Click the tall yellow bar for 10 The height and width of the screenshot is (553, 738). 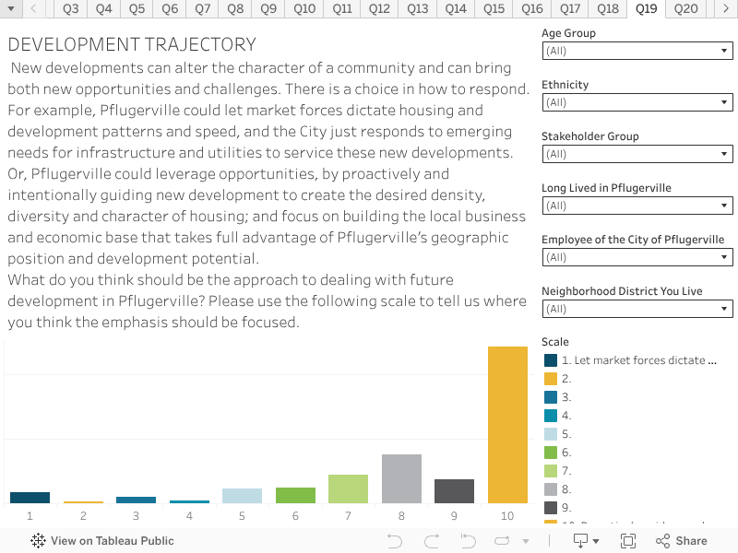click(507, 424)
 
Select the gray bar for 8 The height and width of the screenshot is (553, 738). click(401, 478)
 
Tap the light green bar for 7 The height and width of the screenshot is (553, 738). click(348, 488)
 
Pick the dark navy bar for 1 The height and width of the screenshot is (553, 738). click(30, 498)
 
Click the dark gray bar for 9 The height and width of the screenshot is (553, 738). click(454, 491)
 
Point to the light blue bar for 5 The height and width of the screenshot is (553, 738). click(242, 496)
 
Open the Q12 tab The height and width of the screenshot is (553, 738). click(379, 9)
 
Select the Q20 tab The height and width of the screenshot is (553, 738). click(685, 9)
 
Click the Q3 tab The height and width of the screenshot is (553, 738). click(71, 9)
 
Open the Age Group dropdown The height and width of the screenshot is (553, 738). click(637, 51)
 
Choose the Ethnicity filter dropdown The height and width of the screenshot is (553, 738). click(637, 102)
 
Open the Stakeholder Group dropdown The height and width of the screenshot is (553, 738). click(637, 154)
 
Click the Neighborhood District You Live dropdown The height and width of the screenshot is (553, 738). click(637, 309)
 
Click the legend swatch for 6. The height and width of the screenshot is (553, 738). click(551, 453)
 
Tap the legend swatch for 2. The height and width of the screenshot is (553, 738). click(551, 379)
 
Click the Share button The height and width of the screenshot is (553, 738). click(681, 541)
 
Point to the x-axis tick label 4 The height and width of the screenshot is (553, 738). click(189, 516)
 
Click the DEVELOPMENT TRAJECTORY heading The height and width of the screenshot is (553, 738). click(132, 45)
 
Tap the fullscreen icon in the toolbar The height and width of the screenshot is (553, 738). click(628, 541)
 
